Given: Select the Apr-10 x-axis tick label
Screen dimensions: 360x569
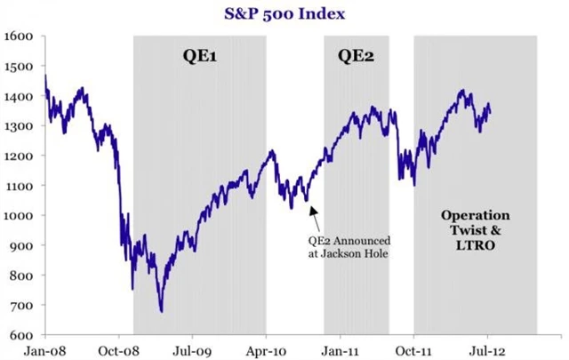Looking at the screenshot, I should coord(266,349).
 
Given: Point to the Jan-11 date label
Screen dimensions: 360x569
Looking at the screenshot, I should coord(340,349).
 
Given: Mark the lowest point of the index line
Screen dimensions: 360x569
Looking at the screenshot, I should coord(162,311).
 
